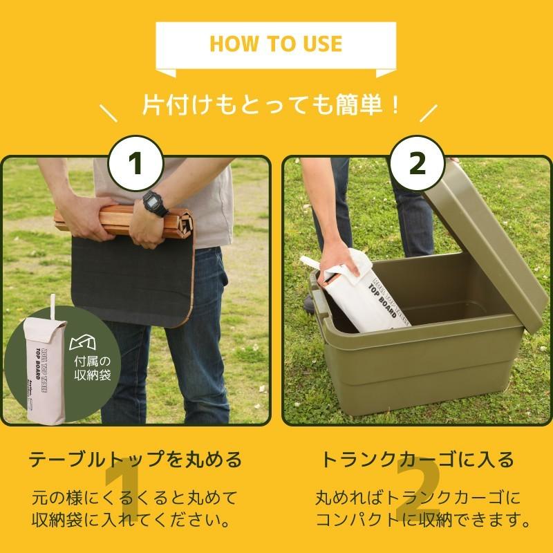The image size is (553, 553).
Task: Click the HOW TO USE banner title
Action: [x=276, y=44]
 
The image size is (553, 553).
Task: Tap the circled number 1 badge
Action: [x=135, y=165]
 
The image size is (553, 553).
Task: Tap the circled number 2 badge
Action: [x=418, y=165]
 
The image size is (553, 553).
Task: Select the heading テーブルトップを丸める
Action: [x=135, y=459]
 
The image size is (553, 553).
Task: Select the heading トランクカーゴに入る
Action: [x=418, y=459]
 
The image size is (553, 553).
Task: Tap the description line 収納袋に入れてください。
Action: [x=135, y=518]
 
